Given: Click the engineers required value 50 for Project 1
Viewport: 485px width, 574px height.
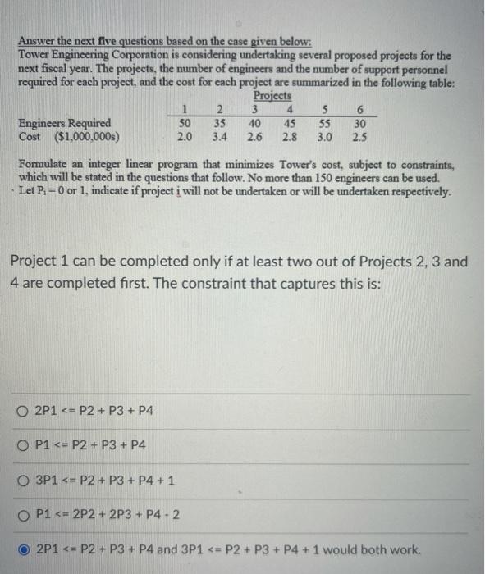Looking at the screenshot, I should tap(185, 124).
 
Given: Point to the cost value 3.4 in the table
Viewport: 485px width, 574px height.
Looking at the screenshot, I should tap(219, 137).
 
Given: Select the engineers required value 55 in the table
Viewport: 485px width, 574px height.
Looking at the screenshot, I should tap(324, 124).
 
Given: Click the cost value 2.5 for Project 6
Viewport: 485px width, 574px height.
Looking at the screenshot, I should tap(359, 137).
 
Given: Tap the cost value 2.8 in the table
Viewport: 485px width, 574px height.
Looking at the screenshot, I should tap(290, 137).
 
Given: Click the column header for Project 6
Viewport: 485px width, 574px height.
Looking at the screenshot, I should tap(359, 111).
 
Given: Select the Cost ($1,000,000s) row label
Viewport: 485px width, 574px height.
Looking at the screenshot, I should tap(69, 137).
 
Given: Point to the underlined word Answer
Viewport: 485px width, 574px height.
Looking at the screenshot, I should tap(37, 42).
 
